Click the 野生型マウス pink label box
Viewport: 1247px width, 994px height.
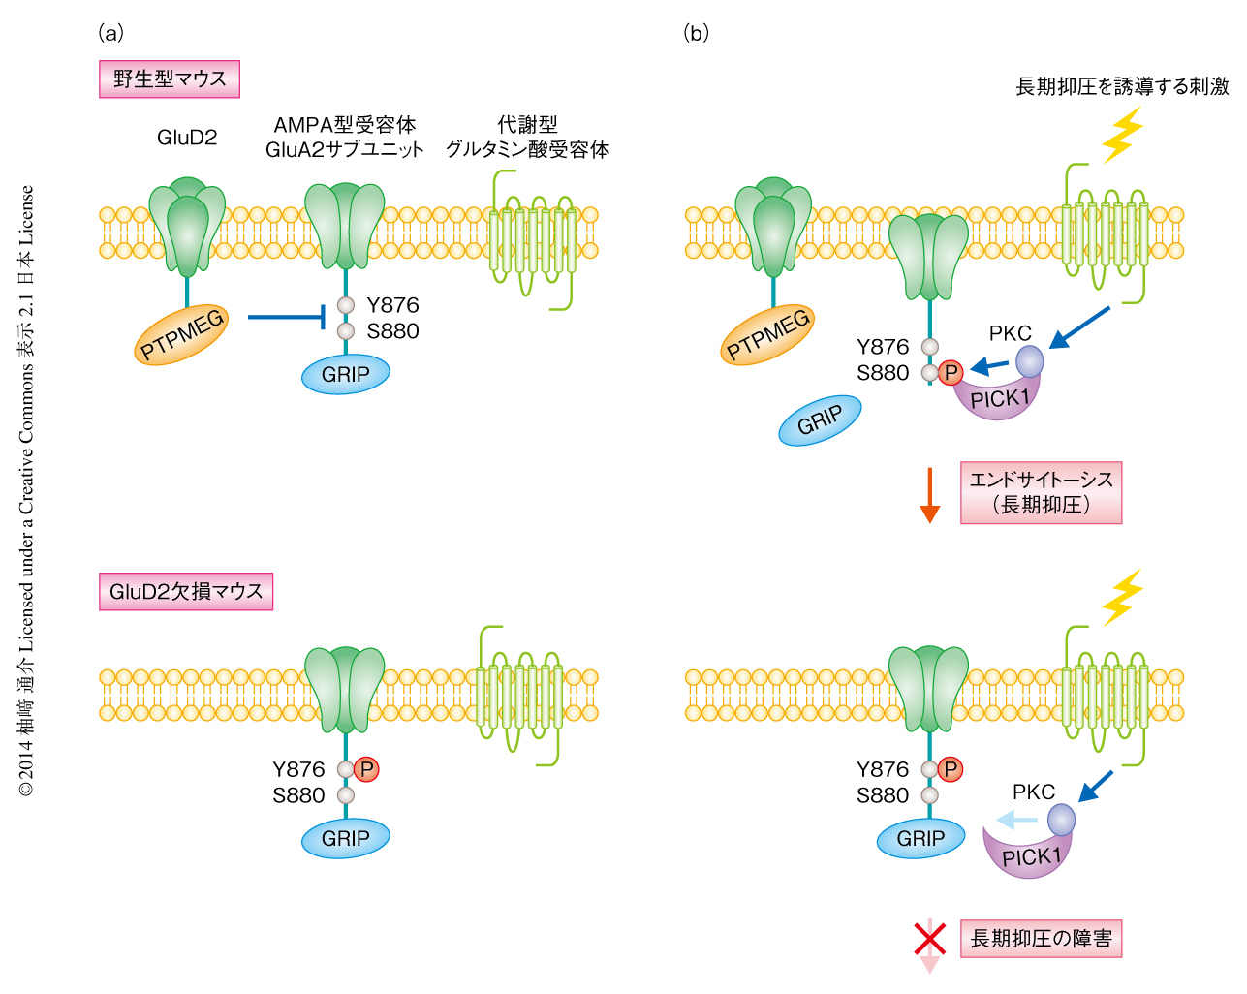170,79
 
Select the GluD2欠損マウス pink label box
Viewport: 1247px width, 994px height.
186,591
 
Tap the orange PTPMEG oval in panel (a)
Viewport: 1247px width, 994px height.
182,334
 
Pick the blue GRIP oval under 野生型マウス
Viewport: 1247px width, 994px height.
345,375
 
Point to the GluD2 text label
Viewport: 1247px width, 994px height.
187,138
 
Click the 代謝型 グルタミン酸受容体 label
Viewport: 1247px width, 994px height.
527,137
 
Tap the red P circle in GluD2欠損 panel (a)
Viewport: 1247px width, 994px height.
366,769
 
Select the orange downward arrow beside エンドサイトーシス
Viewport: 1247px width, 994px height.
930,495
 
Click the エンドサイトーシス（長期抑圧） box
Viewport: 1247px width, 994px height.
1041,492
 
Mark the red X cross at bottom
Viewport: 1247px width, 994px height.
930,938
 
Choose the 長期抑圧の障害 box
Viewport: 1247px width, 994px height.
1041,938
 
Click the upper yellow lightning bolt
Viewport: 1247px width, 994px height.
1122,135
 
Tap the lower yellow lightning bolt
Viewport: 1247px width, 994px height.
1122,597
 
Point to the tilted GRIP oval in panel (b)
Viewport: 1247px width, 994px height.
820,420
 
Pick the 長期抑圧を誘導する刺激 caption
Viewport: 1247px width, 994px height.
1122,86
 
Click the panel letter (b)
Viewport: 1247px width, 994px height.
696,33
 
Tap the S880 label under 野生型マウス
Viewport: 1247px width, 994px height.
392,331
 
